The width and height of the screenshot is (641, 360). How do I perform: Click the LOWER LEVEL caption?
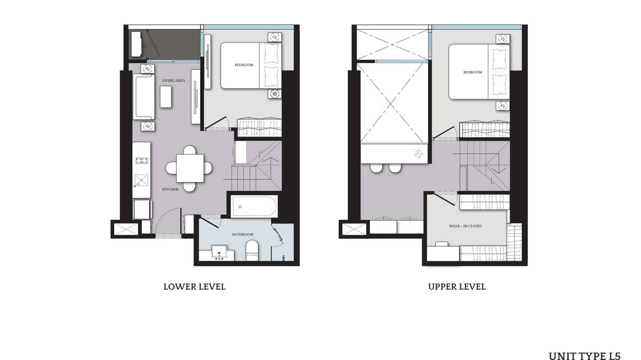[194, 287]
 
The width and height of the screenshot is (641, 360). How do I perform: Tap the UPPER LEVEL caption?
[457, 287]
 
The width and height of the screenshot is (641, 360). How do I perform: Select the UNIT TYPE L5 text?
[584, 356]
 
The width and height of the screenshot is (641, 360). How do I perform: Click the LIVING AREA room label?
[173, 81]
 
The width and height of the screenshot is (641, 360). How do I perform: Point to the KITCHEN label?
[170, 190]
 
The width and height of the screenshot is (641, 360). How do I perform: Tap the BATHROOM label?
[243, 234]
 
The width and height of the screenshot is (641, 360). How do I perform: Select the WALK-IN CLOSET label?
[465, 226]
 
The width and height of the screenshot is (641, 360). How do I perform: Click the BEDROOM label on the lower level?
[244, 65]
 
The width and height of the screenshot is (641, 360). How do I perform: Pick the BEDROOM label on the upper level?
[472, 73]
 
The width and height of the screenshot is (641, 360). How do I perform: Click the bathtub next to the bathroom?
[254, 207]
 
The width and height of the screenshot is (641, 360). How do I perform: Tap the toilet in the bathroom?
[252, 251]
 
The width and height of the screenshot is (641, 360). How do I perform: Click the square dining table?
[190, 168]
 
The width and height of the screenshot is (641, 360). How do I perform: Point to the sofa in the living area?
[144, 97]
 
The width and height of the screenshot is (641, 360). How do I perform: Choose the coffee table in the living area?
[166, 97]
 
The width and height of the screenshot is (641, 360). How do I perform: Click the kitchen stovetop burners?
[142, 160]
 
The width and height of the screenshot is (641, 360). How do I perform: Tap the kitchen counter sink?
[141, 180]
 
